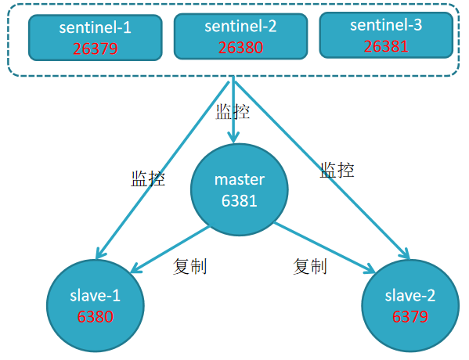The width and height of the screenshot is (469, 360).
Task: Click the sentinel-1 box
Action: point(95,37)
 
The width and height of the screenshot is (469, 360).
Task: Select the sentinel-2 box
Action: point(240,36)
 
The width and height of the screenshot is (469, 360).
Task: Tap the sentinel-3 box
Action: point(385,35)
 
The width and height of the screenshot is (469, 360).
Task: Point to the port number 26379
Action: point(95,49)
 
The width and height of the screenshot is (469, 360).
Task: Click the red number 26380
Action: point(240,47)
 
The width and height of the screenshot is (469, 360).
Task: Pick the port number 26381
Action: point(385,46)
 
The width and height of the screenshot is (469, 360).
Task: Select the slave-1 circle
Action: point(94,304)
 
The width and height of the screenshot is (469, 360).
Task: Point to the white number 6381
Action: point(240,200)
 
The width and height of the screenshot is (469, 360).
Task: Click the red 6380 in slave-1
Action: point(95,317)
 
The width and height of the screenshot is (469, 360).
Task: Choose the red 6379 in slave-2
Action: point(409,316)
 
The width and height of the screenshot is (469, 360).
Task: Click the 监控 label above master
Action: point(233,111)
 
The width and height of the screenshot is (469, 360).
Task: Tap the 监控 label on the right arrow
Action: point(337,169)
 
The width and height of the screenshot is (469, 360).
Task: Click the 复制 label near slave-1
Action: point(189,267)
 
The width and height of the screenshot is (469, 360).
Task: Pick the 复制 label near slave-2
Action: point(309,266)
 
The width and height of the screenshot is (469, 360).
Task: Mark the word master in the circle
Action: point(239,180)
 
